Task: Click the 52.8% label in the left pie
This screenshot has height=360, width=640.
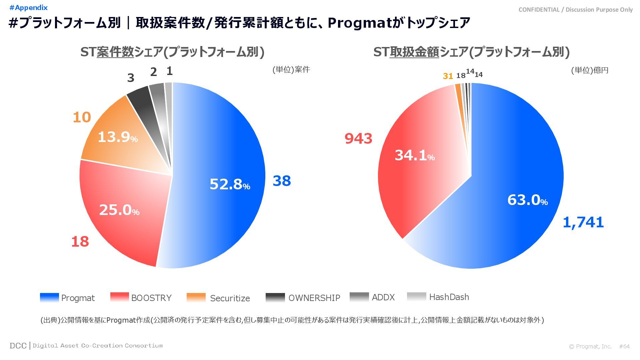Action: coord(230,184)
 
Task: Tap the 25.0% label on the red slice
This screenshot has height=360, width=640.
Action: coord(119,210)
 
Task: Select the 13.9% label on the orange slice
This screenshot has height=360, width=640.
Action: coord(118,137)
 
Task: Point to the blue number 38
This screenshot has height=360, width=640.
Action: coord(282,181)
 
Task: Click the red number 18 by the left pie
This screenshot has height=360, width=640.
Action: coord(80,242)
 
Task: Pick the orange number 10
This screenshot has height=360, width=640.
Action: coord(82,117)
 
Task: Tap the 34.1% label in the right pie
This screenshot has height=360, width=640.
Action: coord(415,155)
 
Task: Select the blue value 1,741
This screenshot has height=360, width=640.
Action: coord(583,222)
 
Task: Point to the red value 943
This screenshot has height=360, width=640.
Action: coord(358,139)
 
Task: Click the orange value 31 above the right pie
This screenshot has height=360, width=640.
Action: coord(448,76)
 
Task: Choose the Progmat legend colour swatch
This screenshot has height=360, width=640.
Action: coord(49,297)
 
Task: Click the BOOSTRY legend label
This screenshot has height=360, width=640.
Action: coord(151,298)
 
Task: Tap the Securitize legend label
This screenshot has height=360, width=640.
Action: coord(230,298)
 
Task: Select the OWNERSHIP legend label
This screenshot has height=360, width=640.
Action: coord(314,298)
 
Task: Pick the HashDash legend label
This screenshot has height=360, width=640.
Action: coord(449,297)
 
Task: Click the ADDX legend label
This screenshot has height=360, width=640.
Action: coord(383,297)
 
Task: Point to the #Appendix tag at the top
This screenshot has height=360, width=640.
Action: coord(29,8)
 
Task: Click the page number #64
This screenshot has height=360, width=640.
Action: coord(624,346)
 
